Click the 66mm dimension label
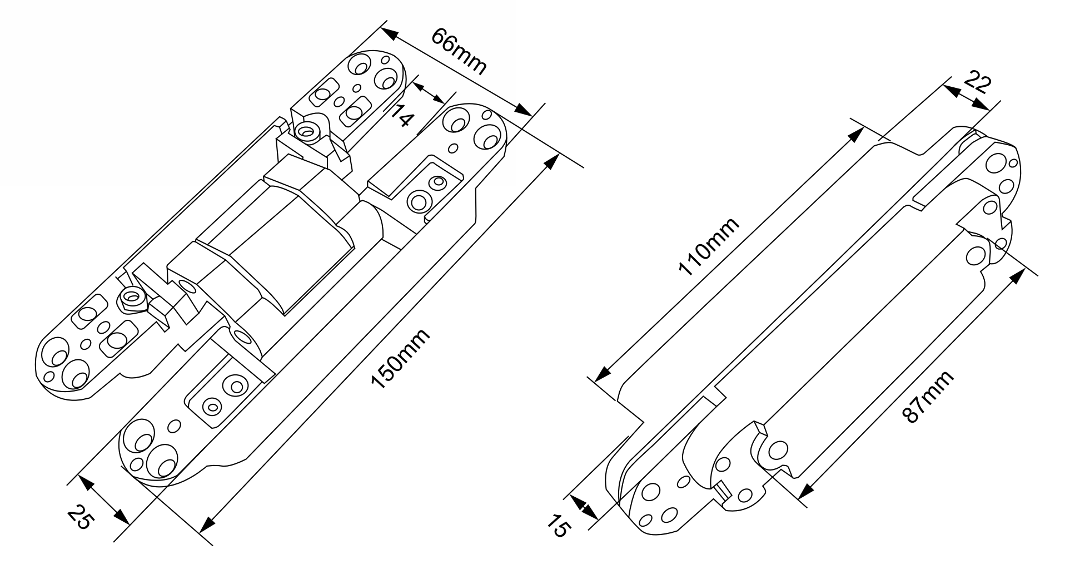pos(459,52)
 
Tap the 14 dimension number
pos(402,115)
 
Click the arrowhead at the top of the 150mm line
pos(551,162)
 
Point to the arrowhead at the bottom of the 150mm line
pos(207,524)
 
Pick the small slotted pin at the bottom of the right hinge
pos(723,490)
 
